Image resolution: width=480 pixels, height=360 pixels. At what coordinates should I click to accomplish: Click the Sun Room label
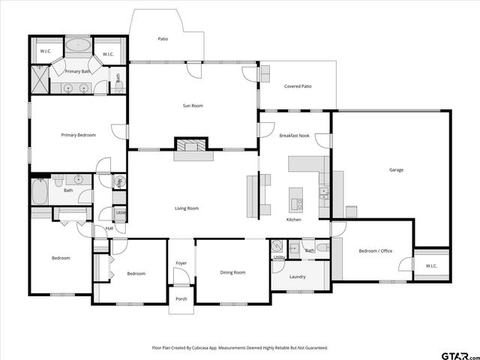[193, 106]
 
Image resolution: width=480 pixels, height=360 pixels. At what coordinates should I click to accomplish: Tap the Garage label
[396, 170]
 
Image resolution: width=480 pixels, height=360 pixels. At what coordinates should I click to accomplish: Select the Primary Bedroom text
[78, 135]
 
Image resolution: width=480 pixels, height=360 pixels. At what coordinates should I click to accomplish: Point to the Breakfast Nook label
[295, 135]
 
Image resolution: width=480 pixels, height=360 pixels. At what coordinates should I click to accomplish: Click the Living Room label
[187, 208]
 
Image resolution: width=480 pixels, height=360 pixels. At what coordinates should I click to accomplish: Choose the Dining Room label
[232, 272]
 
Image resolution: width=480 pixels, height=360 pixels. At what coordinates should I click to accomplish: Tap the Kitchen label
[293, 220]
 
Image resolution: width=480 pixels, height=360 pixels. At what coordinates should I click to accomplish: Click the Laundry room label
[298, 277]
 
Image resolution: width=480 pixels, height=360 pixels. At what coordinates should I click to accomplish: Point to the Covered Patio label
[298, 86]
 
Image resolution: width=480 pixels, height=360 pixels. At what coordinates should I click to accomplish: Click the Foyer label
[181, 263]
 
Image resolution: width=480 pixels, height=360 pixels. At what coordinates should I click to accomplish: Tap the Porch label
[181, 298]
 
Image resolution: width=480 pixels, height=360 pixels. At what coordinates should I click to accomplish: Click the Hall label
[109, 229]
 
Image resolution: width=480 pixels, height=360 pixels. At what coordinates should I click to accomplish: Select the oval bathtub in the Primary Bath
[77, 45]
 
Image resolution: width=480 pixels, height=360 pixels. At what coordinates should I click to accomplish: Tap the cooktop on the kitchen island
[297, 202]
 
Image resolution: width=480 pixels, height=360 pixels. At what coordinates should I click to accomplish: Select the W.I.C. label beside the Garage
[431, 266]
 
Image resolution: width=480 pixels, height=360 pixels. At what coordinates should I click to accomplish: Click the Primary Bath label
[77, 71]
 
